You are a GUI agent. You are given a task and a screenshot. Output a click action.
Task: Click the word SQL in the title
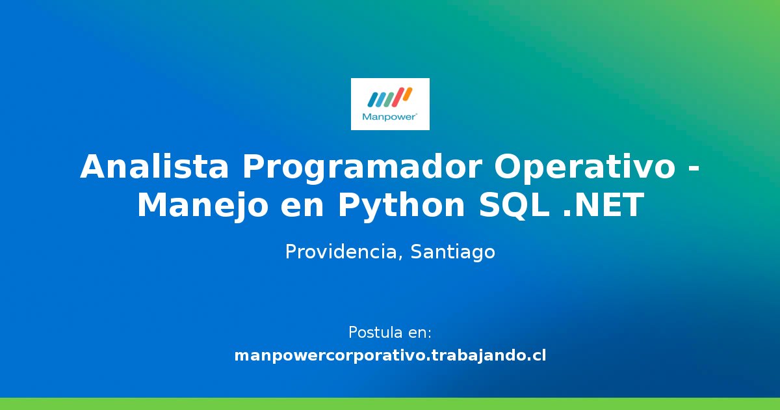pyautogui.click(x=513, y=206)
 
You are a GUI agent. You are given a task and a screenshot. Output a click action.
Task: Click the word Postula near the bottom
pyautogui.click(x=375, y=333)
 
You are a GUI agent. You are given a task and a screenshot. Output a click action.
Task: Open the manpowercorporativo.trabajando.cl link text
pyautogui.click(x=390, y=356)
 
